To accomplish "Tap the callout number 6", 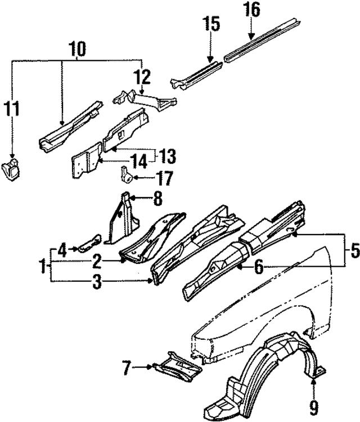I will pyautogui.click(x=258, y=268).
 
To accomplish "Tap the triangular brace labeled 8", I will pyautogui.click(x=123, y=219).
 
